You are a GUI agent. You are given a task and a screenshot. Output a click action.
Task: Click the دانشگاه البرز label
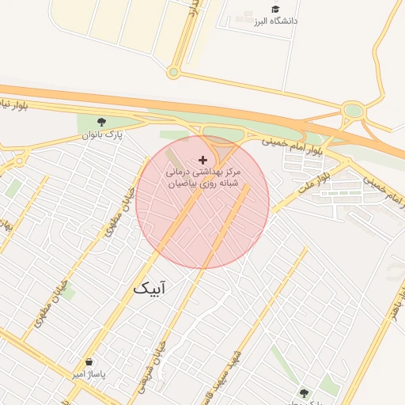pyautogui.click(x=275, y=22)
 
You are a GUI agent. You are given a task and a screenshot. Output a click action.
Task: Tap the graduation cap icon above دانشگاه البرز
pyautogui.click(x=275, y=9)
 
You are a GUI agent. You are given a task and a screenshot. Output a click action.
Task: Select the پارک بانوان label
pyautogui.click(x=103, y=135)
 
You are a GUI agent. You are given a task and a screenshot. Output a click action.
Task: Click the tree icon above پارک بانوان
pyautogui.click(x=101, y=122)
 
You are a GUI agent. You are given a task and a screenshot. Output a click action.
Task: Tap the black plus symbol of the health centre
pyautogui.click(x=202, y=160)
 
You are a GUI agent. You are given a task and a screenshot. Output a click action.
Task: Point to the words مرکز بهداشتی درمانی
pyautogui.click(x=202, y=172)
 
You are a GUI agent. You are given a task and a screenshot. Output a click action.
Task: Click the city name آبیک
pyautogui.click(x=150, y=289)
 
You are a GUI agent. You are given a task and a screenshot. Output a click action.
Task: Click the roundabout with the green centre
pyautogui.click(x=353, y=112)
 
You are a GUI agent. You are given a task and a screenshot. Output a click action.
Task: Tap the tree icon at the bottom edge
pyautogui.click(x=303, y=392)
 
